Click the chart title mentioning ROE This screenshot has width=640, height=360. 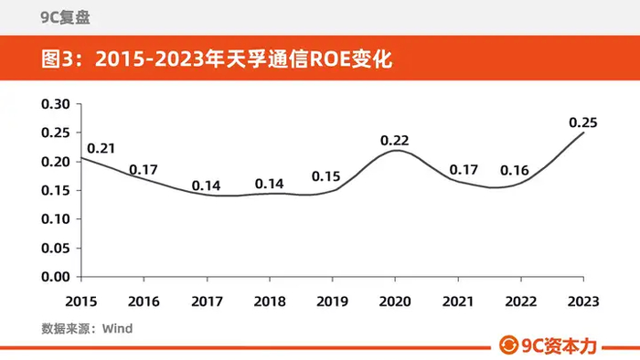(217, 59)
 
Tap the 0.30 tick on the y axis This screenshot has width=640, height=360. (56, 104)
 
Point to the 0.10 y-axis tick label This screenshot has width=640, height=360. (56, 219)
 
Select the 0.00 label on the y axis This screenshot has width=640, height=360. (56, 277)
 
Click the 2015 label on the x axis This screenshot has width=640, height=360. (81, 302)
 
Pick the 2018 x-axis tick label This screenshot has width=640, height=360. (270, 302)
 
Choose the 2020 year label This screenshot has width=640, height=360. (395, 302)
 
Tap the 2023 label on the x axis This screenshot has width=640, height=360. (583, 302)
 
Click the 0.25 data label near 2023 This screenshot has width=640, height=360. (583, 122)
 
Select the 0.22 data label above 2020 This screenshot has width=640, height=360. (394, 140)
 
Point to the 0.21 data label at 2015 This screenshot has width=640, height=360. (101, 148)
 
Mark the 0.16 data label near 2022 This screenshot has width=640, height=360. (514, 170)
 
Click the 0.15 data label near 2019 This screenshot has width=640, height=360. (325, 176)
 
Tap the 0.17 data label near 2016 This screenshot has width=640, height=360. (144, 170)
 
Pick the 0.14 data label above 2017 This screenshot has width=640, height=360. (206, 185)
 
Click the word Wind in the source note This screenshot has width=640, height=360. (118, 329)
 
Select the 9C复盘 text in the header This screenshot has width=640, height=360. (65, 17)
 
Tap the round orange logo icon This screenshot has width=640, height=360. (508, 345)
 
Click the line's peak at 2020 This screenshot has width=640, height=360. (396, 151)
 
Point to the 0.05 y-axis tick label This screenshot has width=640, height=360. (56, 248)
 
